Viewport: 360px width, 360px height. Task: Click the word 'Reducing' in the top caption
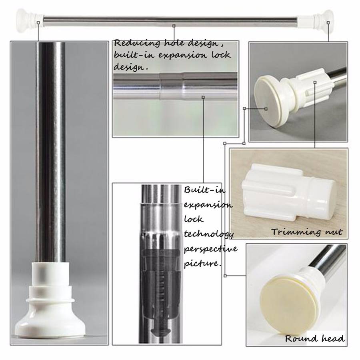coord(137,43)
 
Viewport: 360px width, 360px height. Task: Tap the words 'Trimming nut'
coord(307,232)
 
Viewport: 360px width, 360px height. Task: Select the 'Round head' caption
coord(314,338)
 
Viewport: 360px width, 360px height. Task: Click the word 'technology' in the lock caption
coord(209,234)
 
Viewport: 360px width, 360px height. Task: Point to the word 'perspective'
coord(210,249)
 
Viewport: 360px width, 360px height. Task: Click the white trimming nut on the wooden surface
coord(288,193)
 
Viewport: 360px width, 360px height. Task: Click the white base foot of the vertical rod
coord(50,301)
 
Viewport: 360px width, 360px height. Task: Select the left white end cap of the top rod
coord(29,18)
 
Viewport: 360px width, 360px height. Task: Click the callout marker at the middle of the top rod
coord(174,26)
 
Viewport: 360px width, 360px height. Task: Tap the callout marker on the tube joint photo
coord(203,97)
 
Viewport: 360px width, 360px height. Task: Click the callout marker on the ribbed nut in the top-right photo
coord(315,82)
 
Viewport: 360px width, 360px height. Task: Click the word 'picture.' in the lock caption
coord(202,263)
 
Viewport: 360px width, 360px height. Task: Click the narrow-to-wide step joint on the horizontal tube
coord(171,86)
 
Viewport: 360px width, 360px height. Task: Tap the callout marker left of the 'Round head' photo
coord(225,276)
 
